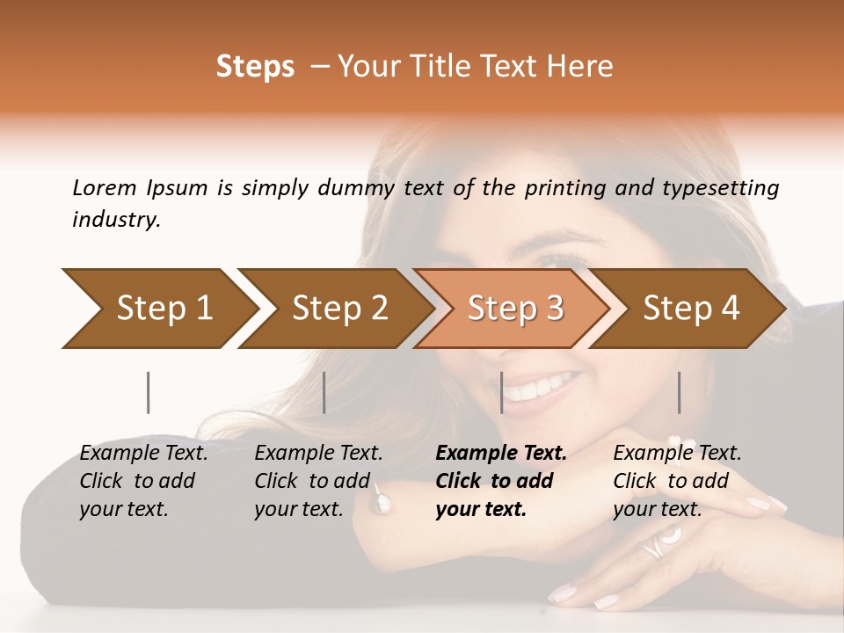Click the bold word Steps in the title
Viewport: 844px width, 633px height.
255,67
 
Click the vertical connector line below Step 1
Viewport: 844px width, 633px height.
149,392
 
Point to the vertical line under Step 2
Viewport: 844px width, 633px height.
324,392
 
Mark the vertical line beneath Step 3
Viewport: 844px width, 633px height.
501,392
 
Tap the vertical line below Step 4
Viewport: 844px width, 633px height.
679,392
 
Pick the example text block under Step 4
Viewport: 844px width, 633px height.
677,481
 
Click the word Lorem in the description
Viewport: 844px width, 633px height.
105,188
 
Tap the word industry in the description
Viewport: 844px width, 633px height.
116,220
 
